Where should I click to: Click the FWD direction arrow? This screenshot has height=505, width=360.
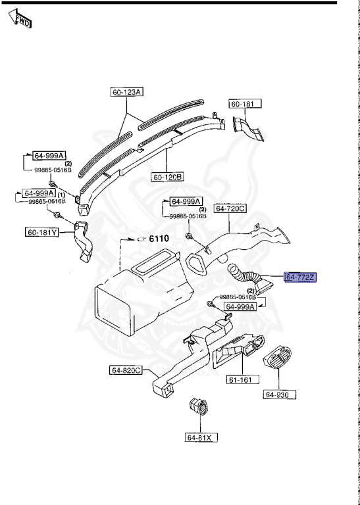point(18,19)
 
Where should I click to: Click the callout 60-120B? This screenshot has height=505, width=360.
point(168,177)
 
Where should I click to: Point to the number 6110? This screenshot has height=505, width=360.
point(159,239)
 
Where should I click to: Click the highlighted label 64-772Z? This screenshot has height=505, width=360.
point(301,277)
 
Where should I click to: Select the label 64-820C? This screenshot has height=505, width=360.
point(126,370)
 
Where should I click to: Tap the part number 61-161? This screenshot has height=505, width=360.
point(241,379)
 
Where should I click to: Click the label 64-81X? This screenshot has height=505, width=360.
point(201,437)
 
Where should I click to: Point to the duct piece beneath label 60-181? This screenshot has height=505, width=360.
point(249,128)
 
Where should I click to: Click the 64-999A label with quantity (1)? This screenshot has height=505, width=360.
point(38,193)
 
